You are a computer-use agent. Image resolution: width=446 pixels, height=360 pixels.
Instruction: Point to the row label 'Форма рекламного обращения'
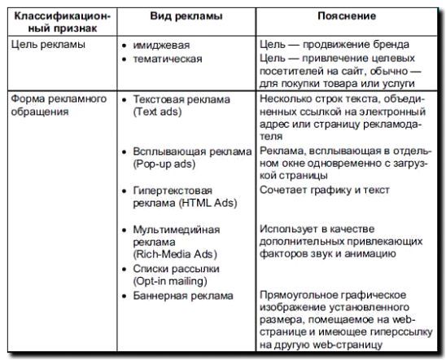point(59,105)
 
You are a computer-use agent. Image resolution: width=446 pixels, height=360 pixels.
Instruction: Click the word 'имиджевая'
point(160,46)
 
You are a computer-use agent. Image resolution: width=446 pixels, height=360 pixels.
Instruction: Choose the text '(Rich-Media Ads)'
point(172,254)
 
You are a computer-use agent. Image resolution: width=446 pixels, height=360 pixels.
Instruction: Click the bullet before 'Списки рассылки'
point(124,269)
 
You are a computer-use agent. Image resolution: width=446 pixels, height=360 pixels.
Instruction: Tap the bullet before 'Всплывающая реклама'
point(124,151)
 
